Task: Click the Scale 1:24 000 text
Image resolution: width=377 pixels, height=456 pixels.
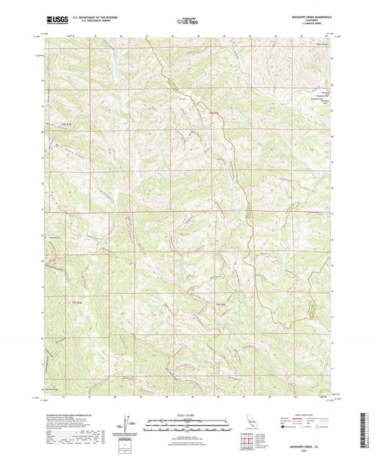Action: (x=188, y=414)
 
